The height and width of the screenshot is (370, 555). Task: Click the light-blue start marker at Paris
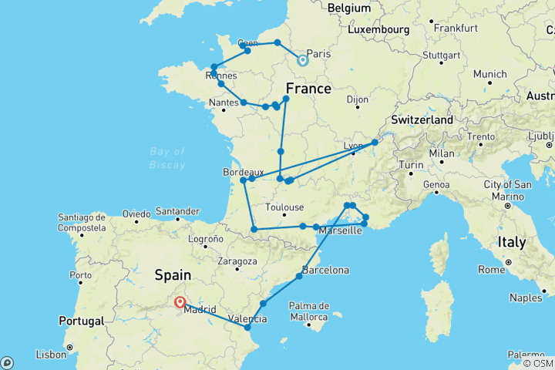pos(302,59)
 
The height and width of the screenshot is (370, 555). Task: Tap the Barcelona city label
pos(325,271)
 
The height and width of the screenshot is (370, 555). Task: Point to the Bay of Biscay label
pos(168,158)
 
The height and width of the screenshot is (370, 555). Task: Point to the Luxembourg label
pos(378,29)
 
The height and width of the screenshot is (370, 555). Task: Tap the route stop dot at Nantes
pos(243,102)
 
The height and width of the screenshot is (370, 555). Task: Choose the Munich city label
pos(490,74)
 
